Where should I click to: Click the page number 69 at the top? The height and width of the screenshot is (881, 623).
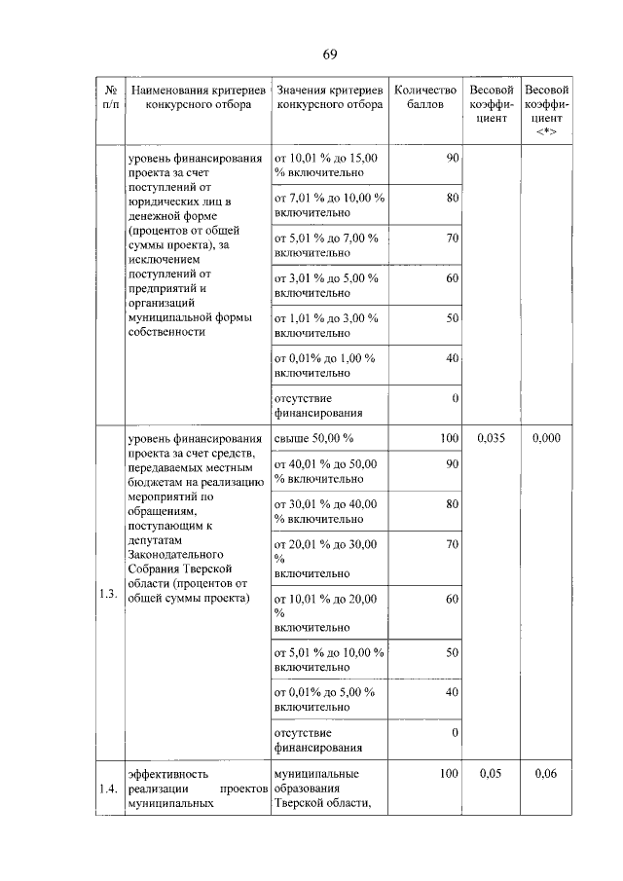(330, 53)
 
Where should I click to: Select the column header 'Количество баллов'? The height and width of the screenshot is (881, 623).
(424, 95)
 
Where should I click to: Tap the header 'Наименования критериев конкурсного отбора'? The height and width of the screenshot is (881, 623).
(192, 95)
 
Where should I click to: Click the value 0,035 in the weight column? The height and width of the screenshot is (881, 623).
(494, 439)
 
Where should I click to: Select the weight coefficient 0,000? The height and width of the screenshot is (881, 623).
(546, 439)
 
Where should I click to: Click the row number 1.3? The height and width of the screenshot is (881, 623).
(108, 597)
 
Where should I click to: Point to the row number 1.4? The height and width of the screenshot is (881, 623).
(108, 789)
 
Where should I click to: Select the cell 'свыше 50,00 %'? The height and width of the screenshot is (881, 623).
(313, 439)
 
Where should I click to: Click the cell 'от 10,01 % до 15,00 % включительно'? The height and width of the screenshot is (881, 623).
(325, 165)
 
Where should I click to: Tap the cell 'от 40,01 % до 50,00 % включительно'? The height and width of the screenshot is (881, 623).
(325, 471)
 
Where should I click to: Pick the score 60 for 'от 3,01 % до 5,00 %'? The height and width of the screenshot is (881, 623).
(452, 278)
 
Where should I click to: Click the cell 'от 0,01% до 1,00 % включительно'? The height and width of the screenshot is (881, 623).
(325, 365)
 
